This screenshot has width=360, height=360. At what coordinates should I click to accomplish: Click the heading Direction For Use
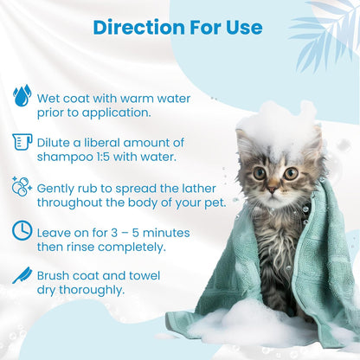point(178,27)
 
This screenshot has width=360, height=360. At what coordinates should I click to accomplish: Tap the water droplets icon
point(22,93)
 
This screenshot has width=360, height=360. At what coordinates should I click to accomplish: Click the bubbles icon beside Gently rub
point(22,188)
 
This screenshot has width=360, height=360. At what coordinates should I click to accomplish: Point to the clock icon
point(22,230)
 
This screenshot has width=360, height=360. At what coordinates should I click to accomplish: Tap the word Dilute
point(55,143)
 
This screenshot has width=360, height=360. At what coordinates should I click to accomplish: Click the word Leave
point(56,230)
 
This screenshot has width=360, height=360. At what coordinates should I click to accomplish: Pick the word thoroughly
point(89,291)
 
